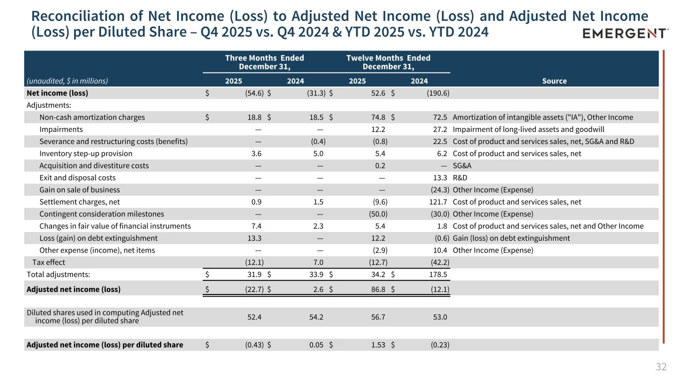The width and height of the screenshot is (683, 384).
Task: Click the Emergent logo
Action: (x=625, y=33)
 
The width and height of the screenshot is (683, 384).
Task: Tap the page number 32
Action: (x=661, y=367)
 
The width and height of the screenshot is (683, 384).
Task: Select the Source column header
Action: (x=555, y=81)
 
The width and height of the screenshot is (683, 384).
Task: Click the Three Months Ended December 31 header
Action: (x=265, y=62)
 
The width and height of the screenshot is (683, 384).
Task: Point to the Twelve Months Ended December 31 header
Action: (x=388, y=62)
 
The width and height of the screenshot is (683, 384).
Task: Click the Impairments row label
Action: (x=61, y=129)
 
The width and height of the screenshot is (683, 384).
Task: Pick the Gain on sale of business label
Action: (x=80, y=190)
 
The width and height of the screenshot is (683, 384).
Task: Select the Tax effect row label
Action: (x=49, y=262)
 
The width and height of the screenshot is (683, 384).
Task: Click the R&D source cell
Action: (x=460, y=178)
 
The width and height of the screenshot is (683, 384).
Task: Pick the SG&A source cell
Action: (x=462, y=165)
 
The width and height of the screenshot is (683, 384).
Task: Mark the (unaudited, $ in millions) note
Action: (x=67, y=81)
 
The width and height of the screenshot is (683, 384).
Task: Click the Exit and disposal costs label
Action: (x=78, y=178)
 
